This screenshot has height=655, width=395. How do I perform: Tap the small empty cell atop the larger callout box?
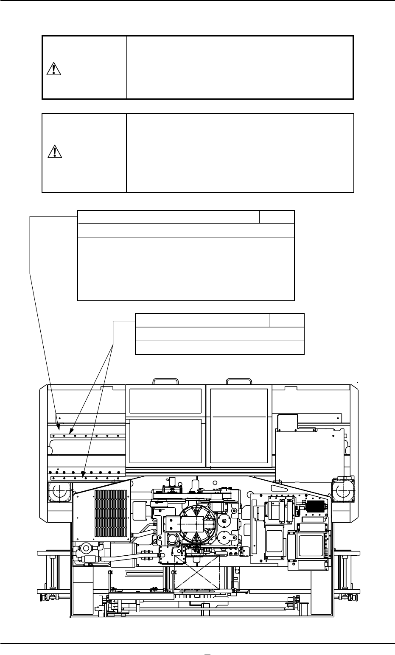click(x=277, y=216)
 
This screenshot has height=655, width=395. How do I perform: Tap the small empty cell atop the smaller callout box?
click(x=287, y=320)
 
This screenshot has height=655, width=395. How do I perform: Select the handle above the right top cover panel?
click(x=238, y=381)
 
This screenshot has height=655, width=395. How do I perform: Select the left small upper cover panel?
click(x=165, y=401)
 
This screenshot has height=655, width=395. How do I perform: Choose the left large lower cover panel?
click(x=165, y=441)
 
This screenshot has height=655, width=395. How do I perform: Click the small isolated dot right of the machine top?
click(x=359, y=381)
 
